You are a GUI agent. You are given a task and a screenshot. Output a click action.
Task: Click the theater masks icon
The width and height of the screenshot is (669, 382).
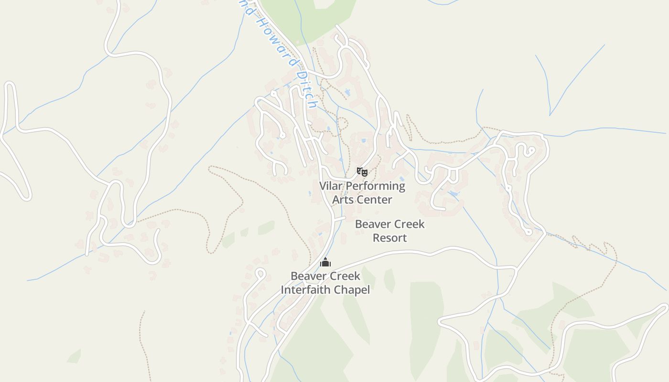(362, 171)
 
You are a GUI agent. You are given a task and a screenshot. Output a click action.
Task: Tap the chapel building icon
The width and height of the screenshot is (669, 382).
(325, 262)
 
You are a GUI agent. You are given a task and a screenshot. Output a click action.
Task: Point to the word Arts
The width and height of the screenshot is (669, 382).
(342, 200)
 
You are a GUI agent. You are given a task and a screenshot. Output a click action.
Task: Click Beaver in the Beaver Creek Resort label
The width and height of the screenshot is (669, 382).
(371, 224)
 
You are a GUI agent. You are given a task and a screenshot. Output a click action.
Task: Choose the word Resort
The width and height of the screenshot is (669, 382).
(390, 237)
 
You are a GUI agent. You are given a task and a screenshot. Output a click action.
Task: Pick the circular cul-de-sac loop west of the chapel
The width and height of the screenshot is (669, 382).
(260, 274)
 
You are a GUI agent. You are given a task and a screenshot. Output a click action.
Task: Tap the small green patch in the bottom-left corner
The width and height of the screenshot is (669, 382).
(74, 356)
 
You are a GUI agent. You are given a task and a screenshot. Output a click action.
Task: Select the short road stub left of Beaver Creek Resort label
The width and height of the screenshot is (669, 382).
(340, 219)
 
